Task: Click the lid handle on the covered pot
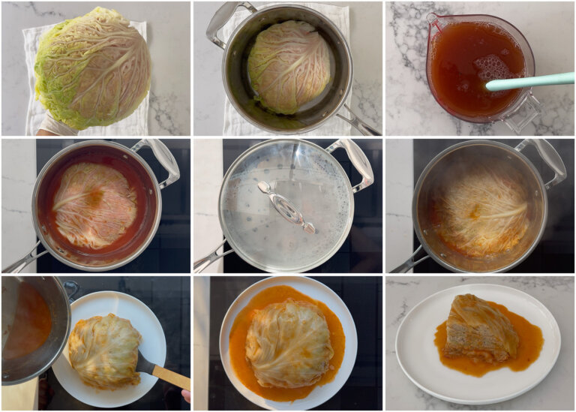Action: tap(286, 207)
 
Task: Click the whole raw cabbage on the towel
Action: tap(93, 68)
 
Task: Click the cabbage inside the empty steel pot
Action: tap(289, 66)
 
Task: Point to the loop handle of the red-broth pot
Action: tap(161, 157)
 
